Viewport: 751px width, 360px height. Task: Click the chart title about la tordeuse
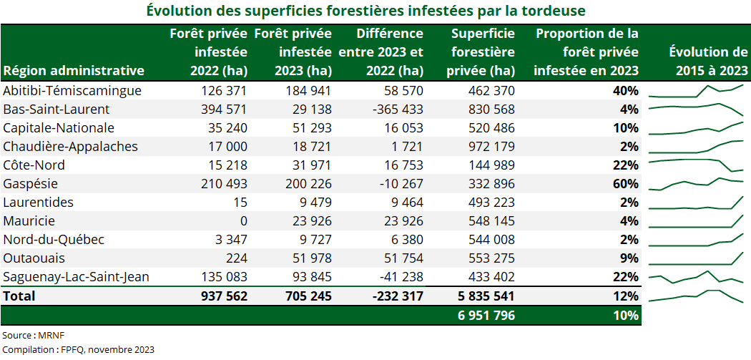tap(366, 11)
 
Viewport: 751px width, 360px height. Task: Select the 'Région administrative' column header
tap(74, 70)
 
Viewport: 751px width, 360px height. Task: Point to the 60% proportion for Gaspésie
tap(625, 184)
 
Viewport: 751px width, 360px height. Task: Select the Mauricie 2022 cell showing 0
tap(243, 221)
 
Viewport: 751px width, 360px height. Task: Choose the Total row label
tap(19, 296)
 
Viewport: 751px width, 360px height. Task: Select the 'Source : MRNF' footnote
tap(28, 335)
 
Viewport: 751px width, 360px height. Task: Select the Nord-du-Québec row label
tap(54, 240)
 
